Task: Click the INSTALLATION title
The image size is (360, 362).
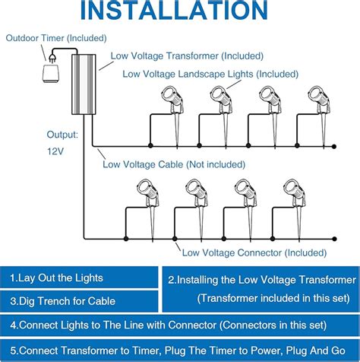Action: click(180, 13)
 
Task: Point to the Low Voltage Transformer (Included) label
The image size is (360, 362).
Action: click(187, 56)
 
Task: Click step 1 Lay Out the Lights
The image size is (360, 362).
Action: click(56, 278)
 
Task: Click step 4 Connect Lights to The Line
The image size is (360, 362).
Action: click(180, 325)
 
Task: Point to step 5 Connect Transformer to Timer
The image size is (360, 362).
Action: click(180, 351)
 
